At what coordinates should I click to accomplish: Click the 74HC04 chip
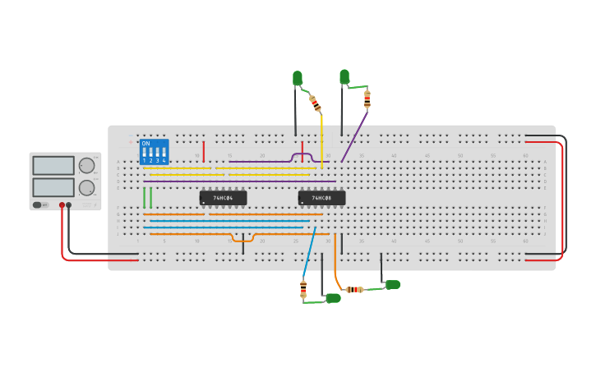(223, 198)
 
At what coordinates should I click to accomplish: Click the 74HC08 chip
(321, 198)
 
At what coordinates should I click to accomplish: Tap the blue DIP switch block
(154, 152)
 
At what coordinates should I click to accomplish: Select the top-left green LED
(298, 78)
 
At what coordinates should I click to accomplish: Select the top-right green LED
(344, 76)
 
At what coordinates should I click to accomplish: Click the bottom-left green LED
(333, 298)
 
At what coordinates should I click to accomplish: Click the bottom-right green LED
(393, 284)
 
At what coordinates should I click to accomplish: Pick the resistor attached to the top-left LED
(315, 103)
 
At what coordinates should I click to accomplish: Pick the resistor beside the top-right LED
(367, 99)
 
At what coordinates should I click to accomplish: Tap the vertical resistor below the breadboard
(303, 288)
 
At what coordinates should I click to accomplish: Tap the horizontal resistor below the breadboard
(355, 289)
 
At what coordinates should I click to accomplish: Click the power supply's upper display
(53, 165)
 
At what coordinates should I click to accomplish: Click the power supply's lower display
(53, 187)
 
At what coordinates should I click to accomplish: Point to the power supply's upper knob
(86, 165)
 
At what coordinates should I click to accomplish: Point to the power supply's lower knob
(86, 187)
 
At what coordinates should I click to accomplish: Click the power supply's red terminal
(62, 205)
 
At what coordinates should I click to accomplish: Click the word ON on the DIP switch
(146, 144)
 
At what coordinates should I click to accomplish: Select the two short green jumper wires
(147, 197)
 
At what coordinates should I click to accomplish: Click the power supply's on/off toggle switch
(38, 204)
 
